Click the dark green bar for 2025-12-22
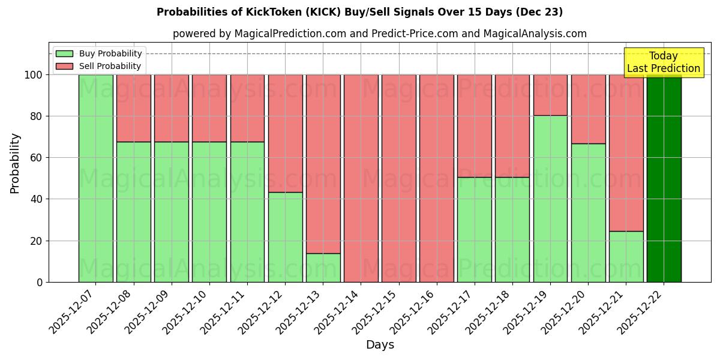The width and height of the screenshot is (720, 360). [664, 178]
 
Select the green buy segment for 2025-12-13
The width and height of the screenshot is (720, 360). [323, 268]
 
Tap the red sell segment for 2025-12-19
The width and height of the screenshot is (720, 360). [550, 95]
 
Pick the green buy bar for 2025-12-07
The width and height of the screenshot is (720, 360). [95, 178]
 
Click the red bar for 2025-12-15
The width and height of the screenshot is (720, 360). [398, 178]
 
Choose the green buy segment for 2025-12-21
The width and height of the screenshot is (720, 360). [626, 256]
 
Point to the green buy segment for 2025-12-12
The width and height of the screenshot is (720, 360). [285, 237]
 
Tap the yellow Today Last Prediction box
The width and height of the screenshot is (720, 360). [663, 62]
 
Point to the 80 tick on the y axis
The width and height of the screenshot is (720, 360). [37, 116]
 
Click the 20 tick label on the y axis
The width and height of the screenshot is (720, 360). [37, 241]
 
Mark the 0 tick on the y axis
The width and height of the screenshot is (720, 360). [40, 282]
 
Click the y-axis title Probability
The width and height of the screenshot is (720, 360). [16, 163]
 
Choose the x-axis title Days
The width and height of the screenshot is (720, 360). [380, 345]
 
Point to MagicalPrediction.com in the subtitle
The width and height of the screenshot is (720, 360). [290, 34]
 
